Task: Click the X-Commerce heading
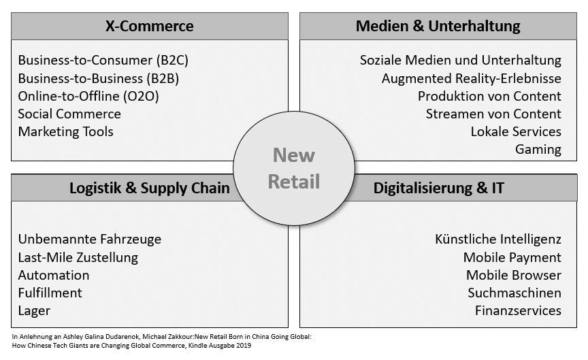[149, 26]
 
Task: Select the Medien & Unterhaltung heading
[438, 26]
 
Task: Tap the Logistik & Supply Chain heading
[149, 188]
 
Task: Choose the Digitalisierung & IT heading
[439, 188]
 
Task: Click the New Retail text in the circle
[293, 168]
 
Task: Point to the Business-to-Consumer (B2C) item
[103, 61]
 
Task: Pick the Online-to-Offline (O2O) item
[88, 97]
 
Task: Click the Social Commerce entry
[69, 114]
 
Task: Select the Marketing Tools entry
[65, 131]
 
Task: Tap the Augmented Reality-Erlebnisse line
[472, 79]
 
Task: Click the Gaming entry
[538, 150]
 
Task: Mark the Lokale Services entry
[516, 131]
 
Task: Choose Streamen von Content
[493, 114]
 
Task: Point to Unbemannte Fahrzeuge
[90, 240]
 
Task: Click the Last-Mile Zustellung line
[78, 258]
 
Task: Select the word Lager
[34, 311]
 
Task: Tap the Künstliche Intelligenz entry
[498, 240]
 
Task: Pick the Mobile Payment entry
[512, 258]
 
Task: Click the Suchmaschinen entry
[514, 293]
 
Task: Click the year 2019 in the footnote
[244, 346]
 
